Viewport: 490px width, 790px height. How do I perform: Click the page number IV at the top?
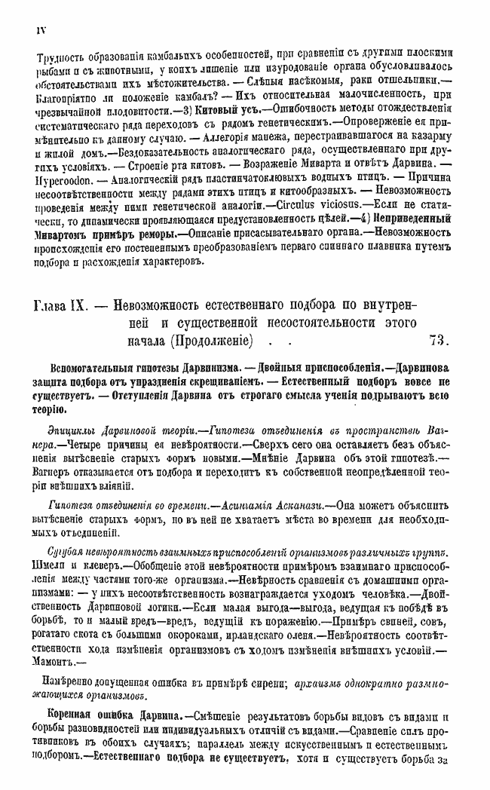click(x=40, y=29)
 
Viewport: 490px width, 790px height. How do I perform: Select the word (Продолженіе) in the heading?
click(x=209, y=339)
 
